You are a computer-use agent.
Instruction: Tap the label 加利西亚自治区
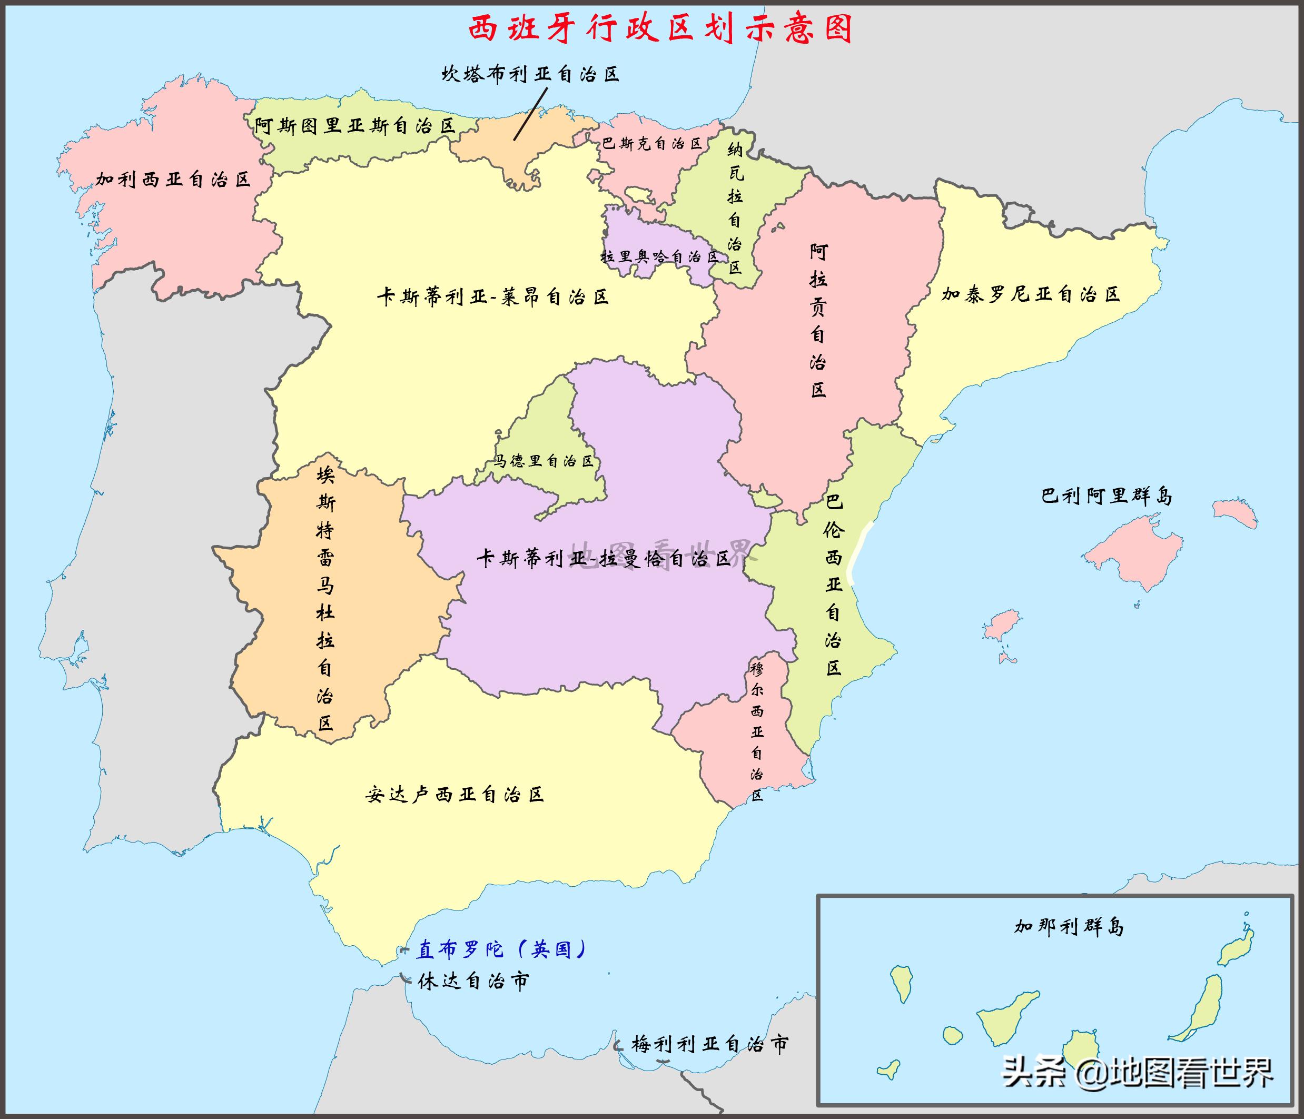(173, 180)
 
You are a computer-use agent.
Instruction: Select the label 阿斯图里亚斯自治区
(355, 126)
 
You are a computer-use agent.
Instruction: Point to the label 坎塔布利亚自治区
(530, 75)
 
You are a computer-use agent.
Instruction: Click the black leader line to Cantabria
(530, 114)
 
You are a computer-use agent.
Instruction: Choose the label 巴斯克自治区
(651, 143)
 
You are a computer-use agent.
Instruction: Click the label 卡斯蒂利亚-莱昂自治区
(493, 296)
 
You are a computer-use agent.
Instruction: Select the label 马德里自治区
(544, 461)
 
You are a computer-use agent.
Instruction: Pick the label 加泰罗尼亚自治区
(1031, 294)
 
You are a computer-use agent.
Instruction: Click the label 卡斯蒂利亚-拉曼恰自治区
(604, 558)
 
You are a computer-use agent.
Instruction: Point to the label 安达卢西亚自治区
(455, 795)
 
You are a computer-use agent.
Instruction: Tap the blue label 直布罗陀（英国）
(501, 949)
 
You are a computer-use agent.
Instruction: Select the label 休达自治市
(473, 981)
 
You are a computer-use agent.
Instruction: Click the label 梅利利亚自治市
(710, 1044)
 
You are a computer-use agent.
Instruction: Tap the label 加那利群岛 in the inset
(1069, 926)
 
